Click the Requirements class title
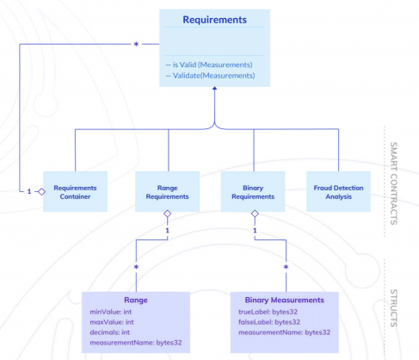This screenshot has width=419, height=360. coord(214,20)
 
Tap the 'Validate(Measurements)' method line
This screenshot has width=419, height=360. coord(211,75)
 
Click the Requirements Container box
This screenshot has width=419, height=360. coord(75,191)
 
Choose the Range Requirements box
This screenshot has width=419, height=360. coord(168,191)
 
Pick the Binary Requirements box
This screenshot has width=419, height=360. coord(254,191)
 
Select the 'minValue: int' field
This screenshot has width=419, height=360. coord(112,311)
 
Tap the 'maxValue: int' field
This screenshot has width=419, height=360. coord(113,321)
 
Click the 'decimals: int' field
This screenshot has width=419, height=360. coord(111,332)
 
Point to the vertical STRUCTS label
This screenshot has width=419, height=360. coord(394,307)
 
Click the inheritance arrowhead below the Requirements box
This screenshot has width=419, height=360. coord(214,92)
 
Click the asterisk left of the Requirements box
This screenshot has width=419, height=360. coord(135,42)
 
